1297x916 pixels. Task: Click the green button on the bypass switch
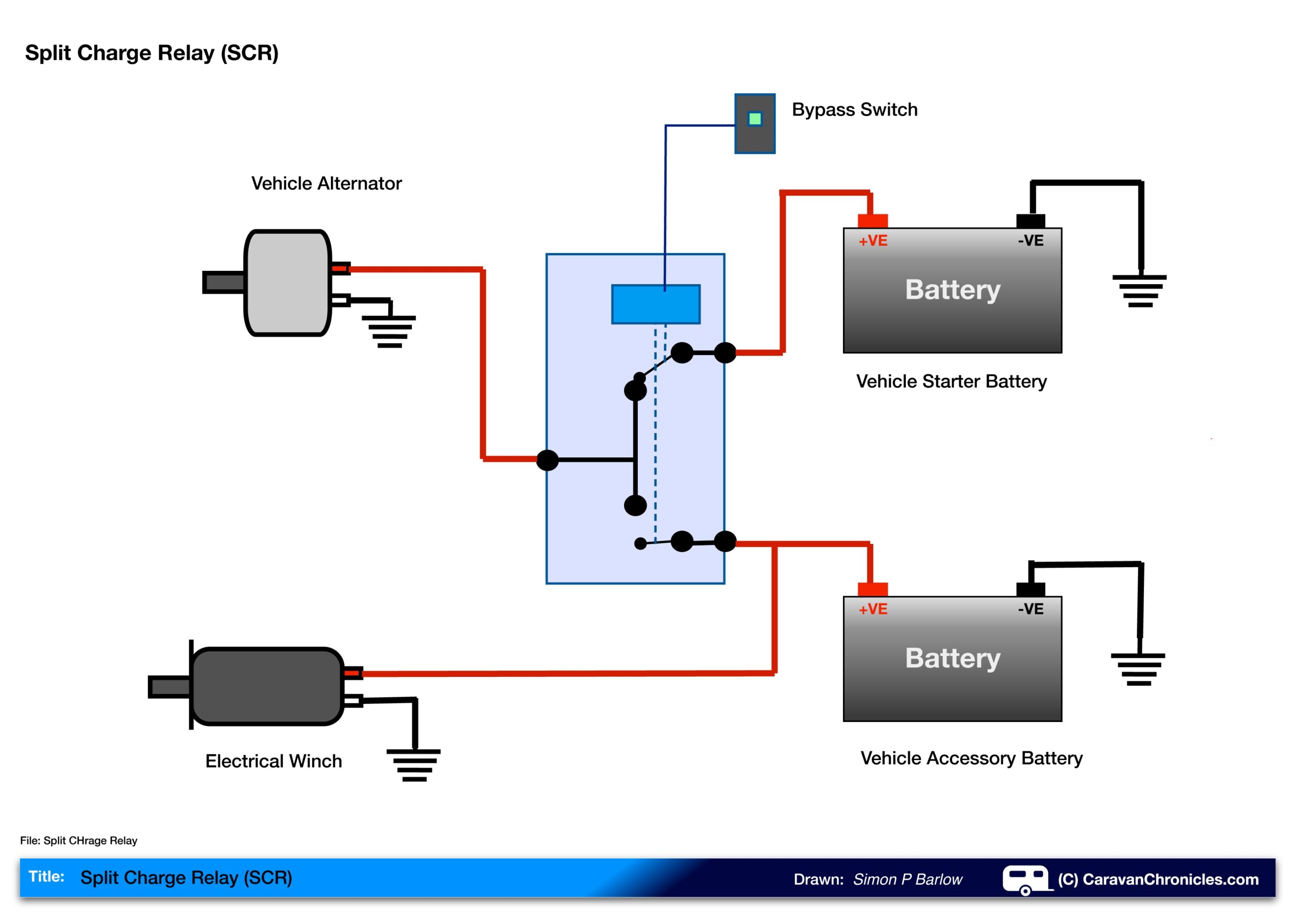(755, 118)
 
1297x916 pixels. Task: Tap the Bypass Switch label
(854, 109)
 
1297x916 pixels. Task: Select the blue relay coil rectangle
(655, 304)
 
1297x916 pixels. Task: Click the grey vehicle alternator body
(288, 283)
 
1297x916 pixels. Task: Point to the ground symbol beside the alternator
(389, 332)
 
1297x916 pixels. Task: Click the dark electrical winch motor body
(267, 686)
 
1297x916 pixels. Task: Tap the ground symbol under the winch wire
(413, 765)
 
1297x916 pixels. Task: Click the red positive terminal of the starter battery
(872, 221)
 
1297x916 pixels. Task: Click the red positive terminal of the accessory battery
(872, 589)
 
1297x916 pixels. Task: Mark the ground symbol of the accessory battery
(1138, 669)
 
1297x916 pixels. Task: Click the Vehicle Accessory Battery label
(971, 758)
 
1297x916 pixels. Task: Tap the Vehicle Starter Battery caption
(951, 381)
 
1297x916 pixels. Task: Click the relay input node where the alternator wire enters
(547, 460)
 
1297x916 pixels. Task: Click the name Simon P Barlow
(907, 880)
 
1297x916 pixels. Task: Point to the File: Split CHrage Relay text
(79, 841)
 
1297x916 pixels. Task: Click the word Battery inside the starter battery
(952, 290)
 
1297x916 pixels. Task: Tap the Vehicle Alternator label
(326, 183)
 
